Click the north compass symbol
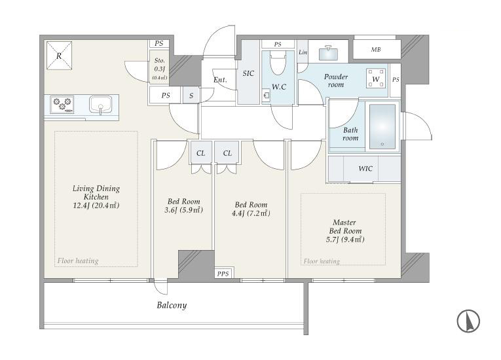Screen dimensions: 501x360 (468, 321)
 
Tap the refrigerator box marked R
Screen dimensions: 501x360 (59, 55)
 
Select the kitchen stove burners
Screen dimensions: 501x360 (62, 105)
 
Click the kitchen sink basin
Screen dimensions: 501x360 (100, 105)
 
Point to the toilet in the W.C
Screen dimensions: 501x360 (278, 63)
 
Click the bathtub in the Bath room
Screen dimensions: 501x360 (382, 126)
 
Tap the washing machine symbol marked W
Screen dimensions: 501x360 (376, 79)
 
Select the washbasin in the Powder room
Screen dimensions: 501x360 (328, 53)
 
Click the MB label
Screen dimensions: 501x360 (376, 50)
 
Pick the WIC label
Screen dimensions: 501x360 (365, 168)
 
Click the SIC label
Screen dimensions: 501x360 (248, 73)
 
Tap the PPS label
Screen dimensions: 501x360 (223, 274)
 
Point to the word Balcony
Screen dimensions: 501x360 (172, 305)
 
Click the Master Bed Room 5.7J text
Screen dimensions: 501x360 (345, 230)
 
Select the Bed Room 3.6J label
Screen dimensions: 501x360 (184, 206)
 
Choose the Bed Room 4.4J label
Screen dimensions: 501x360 (251, 209)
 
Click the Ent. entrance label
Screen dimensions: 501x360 (220, 80)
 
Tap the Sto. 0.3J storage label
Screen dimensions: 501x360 (159, 68)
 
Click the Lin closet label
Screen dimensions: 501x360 (303, 52)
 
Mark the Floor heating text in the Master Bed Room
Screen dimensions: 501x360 (322, 261)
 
